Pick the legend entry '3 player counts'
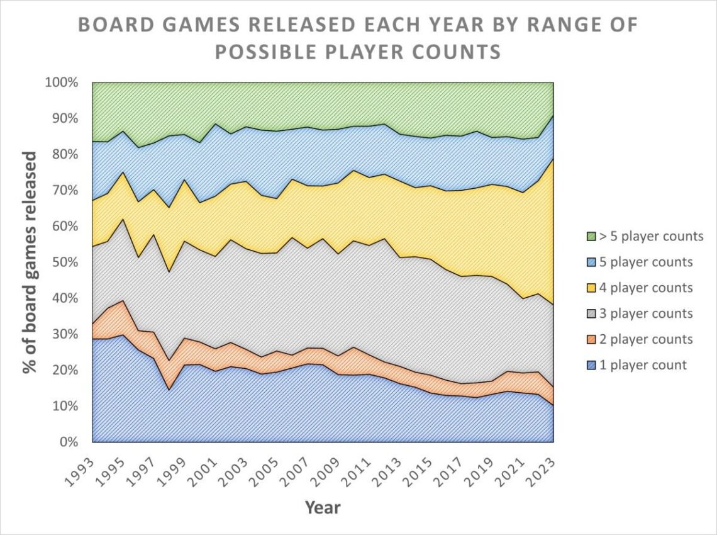coord(644,313)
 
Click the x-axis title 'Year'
coord(322,507)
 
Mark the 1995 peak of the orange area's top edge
coord(123,300)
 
